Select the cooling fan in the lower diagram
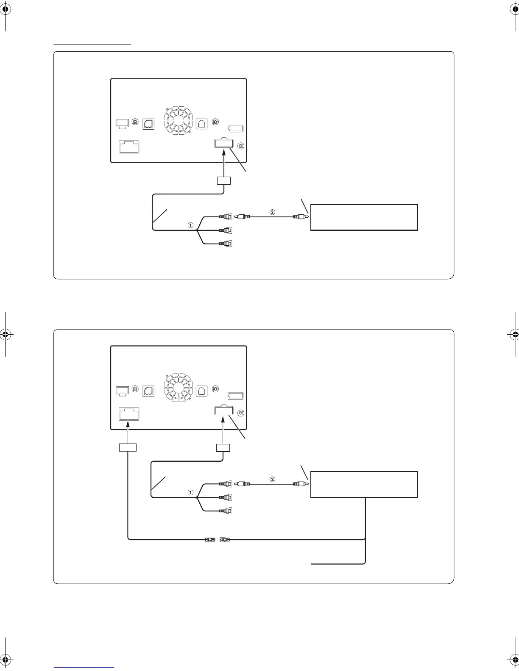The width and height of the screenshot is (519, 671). (x=178, y=388)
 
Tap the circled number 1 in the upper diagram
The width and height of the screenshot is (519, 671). (x=191, y=226)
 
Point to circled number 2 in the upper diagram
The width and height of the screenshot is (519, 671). (x=273, y=211)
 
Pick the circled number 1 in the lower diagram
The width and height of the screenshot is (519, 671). (x=191, y=493)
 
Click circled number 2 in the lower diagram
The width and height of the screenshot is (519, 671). (x=273, y=479)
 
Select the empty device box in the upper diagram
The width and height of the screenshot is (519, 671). (x=364, y=217)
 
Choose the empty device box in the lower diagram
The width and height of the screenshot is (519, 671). (x=364, y=484)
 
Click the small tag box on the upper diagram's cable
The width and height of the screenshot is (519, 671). (x=223, y=181)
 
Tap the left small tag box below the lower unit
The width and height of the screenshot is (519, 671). (x=128, y=448)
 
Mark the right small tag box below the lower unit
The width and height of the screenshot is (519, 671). (x=223, y=448)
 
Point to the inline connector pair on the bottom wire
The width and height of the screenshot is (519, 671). (x=217, y=540)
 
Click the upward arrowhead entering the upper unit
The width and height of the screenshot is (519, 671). (x=223, y=151)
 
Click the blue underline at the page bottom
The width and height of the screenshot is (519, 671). (x=84, y=667)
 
